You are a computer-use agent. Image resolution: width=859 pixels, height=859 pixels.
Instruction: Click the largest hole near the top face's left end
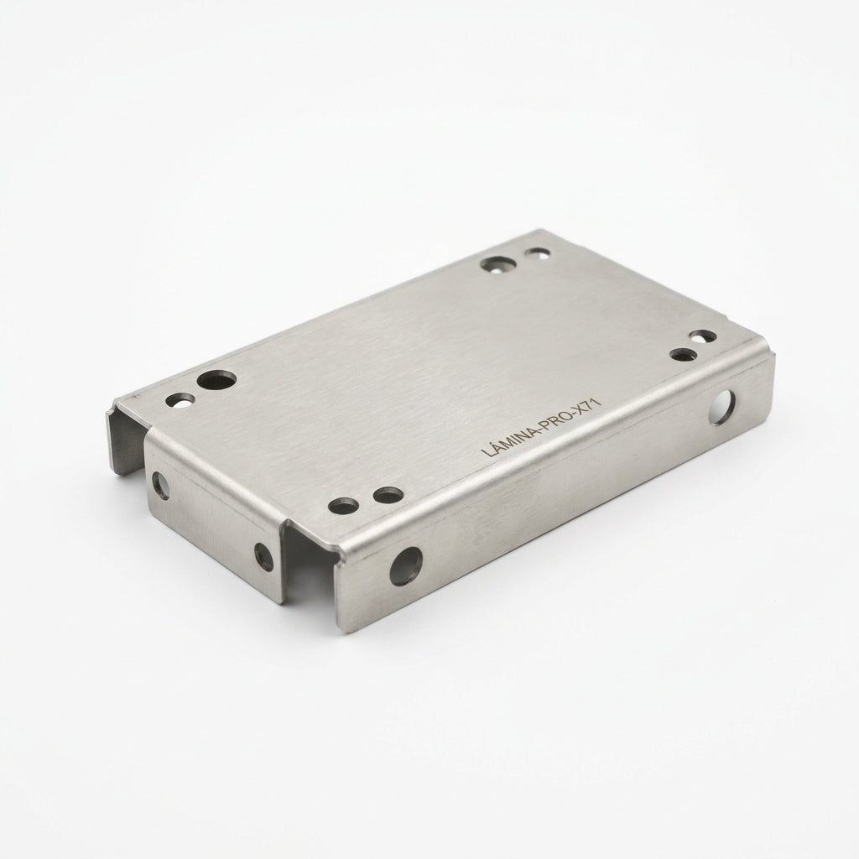coord(216,380)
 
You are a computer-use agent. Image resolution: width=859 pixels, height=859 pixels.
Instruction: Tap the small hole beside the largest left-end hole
coord(180,400)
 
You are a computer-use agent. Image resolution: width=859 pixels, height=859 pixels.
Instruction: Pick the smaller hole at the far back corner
coord(537,253)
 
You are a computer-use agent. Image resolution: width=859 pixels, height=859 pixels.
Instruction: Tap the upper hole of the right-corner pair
coord(702,336)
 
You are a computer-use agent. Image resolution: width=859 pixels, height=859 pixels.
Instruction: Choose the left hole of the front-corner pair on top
coord(343,506)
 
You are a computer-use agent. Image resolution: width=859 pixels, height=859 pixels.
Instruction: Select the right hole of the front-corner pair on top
coord(388,495)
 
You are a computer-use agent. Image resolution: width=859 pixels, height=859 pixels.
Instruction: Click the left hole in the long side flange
coord(406,566)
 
